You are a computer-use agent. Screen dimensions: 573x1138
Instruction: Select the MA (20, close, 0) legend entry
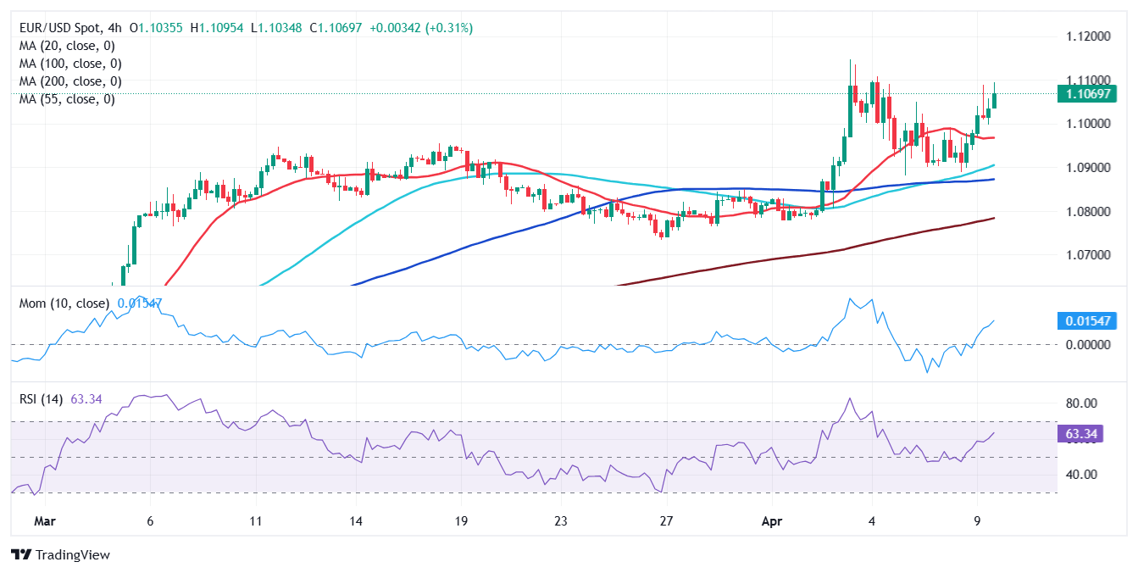[67, 46]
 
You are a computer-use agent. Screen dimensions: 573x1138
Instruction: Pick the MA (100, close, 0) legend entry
[70, 64]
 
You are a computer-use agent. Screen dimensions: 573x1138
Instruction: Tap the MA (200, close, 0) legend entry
[70, 81]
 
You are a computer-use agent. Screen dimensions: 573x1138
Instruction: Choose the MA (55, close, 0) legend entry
[67, 99]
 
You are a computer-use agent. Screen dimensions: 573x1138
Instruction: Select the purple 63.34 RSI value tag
[1082, 434]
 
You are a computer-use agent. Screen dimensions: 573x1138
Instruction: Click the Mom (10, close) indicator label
[64, 303]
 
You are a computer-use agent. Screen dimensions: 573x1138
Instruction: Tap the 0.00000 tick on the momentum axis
[1085, 344]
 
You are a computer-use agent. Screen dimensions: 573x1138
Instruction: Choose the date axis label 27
[666, 520]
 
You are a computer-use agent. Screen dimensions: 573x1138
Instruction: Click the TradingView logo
[60, 555]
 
